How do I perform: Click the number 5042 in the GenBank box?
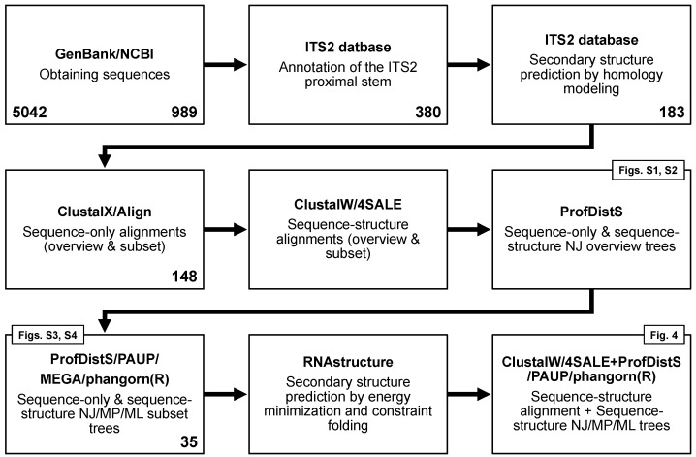click(29, 112)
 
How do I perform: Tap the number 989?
click(184, 112)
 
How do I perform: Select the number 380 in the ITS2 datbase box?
click(427, 112)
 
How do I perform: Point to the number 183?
click(672, 112)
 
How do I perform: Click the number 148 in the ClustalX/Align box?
click(184, 277)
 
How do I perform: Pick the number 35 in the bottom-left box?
click(189, 441)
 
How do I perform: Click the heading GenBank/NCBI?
click(105, 53)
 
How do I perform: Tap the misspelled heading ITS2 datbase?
click(348, 48)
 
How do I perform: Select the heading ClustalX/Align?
click(105, 212)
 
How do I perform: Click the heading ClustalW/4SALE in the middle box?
click(348, 205)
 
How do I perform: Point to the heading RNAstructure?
click(348, 362)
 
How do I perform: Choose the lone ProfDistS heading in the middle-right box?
click(591, 212)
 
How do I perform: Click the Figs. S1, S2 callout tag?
click(649, 170)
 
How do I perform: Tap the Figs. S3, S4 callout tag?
click(47, 335)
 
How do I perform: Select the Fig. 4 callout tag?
click(664, 335)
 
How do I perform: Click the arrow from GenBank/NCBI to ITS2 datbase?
click(226, 65)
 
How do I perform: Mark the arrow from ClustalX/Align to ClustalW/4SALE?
click(226, 230)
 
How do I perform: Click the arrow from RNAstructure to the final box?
click(469, 394)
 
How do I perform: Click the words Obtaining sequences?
click(105, 74)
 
